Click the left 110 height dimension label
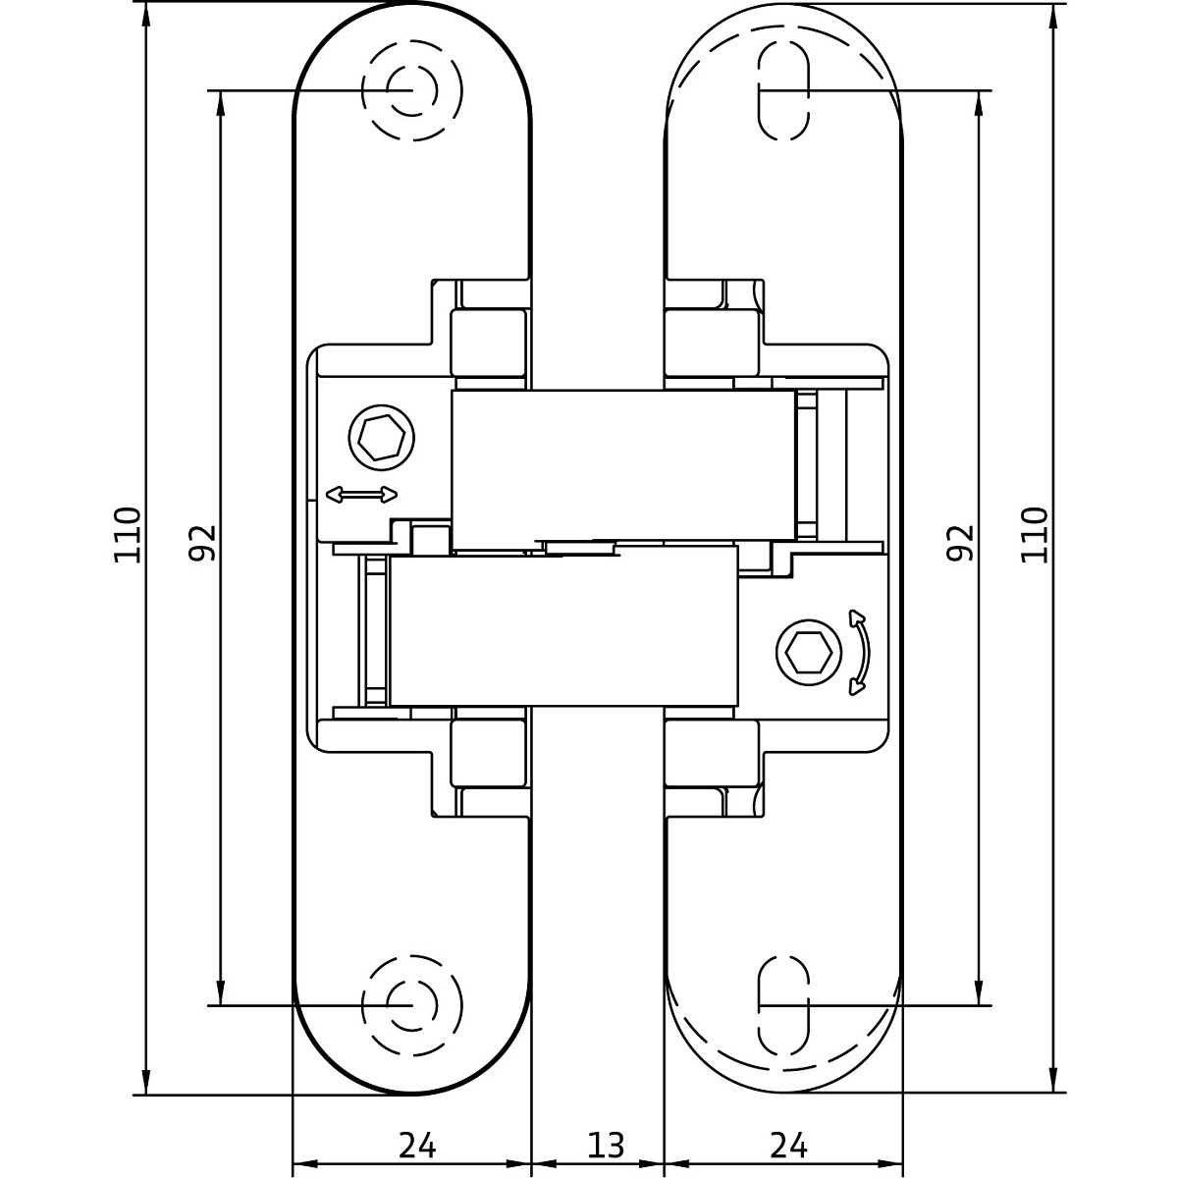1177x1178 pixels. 128,534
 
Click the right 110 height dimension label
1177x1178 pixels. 1035,534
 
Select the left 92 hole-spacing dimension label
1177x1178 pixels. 202,542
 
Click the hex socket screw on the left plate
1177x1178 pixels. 382,438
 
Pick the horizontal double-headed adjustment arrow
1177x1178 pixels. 362,495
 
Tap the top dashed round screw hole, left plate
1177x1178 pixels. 411,90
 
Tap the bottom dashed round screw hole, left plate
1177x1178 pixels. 411,1005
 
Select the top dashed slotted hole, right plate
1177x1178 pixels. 784,90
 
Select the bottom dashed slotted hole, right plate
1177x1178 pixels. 784,1005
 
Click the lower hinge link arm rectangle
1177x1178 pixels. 563,626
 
